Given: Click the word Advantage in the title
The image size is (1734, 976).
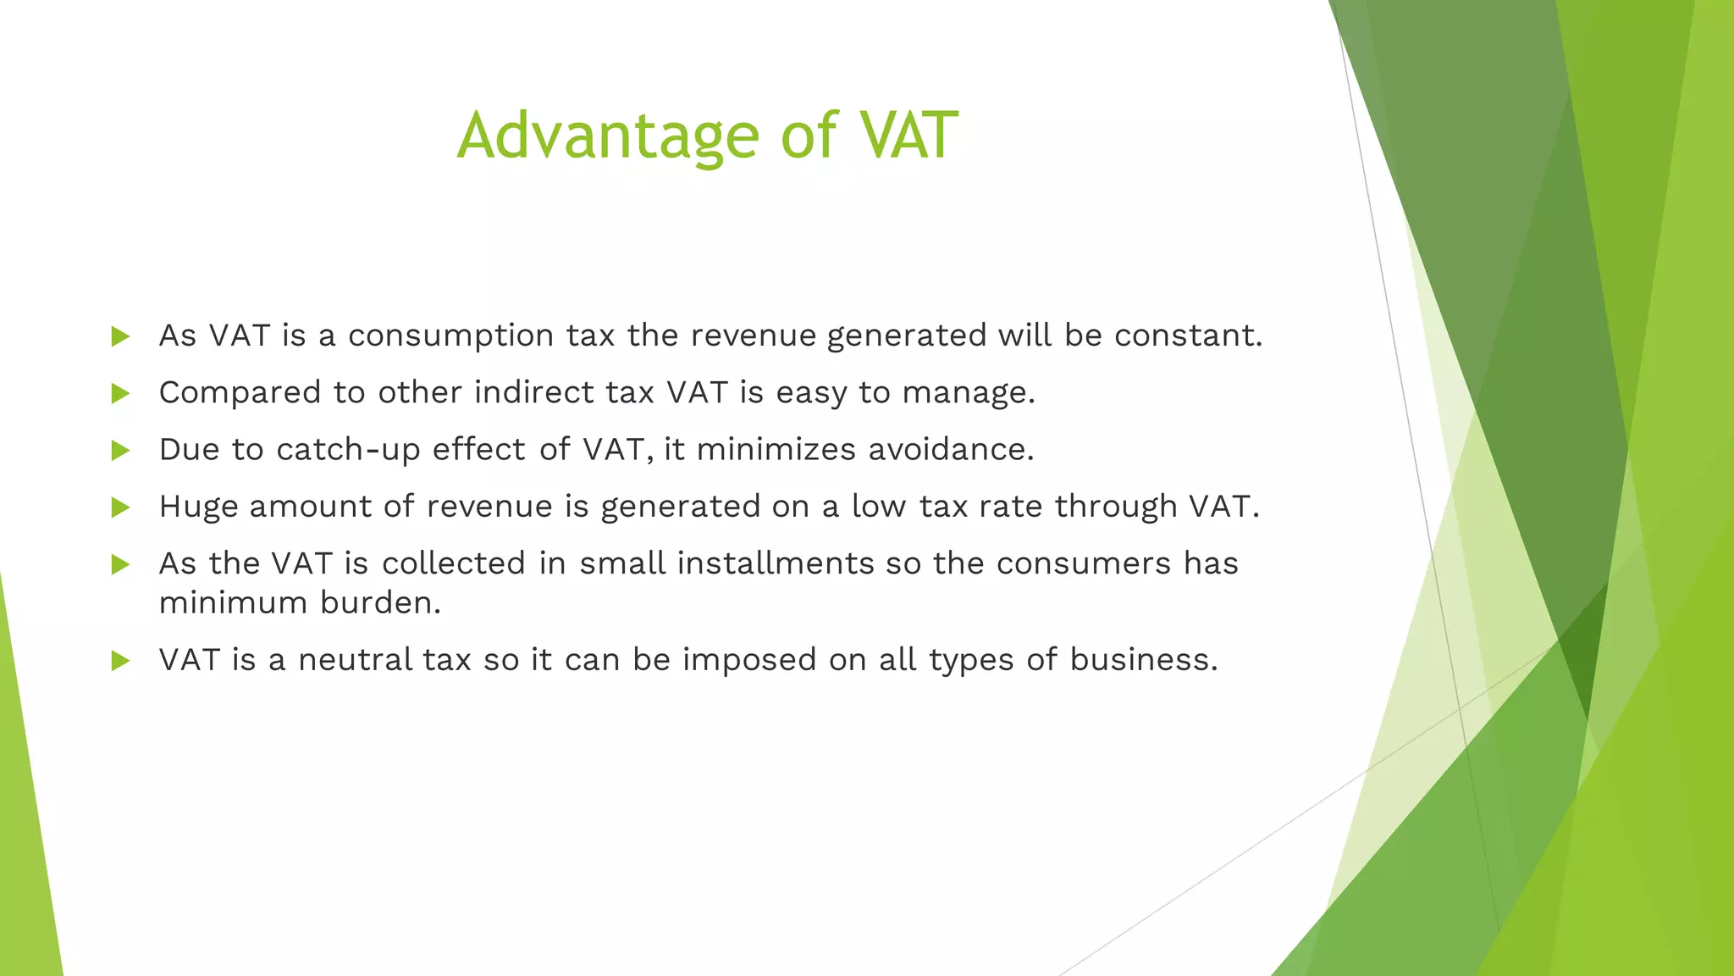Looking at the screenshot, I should (x=608, y=136).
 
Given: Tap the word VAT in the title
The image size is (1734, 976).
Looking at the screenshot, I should (x=908, y=136).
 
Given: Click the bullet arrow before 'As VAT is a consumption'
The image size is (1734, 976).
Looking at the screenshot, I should (x=120, y=336).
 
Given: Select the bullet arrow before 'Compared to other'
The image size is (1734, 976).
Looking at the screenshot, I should (x=120, y=393).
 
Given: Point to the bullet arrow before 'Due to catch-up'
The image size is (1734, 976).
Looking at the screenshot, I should (x=120, y=450).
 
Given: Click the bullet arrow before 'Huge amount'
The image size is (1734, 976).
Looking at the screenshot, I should (x=120, y=507).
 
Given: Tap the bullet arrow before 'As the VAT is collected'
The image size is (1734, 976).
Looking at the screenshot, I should (x=120, y=564).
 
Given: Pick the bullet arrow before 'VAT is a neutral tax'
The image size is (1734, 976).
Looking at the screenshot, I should (x=120, y=661).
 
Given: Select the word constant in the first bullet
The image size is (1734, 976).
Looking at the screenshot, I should (x=1187, y=335).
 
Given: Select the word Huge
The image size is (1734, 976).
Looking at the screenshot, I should (x=198, y=507).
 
